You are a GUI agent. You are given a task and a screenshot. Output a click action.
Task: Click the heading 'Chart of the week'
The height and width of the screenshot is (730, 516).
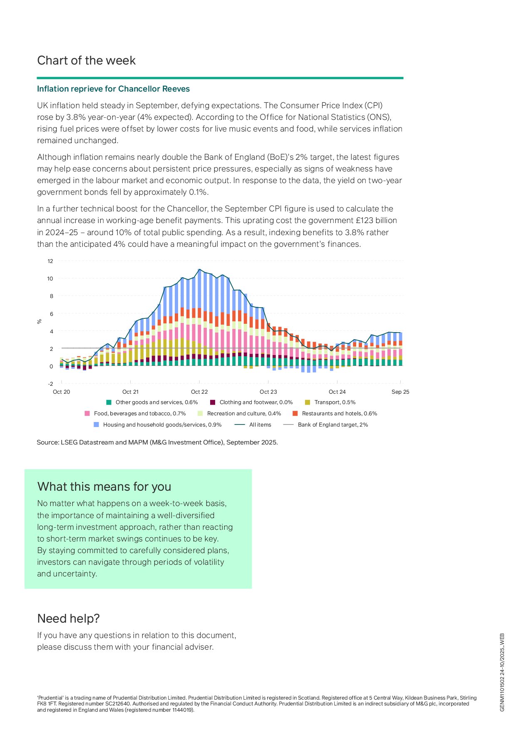[86, 61]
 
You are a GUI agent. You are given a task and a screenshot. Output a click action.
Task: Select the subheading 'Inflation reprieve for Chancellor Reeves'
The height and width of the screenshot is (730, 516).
[113, 89]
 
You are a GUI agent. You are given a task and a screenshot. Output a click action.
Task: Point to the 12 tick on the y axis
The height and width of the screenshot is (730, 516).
[50, 261]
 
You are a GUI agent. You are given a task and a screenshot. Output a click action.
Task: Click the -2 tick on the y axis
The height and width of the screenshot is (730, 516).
[50, 384]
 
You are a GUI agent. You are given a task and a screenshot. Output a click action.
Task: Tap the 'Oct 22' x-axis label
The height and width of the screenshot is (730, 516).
[199, 392]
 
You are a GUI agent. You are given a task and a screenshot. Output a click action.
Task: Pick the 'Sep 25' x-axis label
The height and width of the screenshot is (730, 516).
[400, 392]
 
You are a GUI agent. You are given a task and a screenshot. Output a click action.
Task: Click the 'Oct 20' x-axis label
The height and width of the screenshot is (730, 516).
[62, 392]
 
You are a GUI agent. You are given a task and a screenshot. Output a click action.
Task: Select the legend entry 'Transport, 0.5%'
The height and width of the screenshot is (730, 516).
[335, 402]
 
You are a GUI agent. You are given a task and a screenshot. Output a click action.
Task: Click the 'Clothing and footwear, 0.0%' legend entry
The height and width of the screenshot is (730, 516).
[256, 402]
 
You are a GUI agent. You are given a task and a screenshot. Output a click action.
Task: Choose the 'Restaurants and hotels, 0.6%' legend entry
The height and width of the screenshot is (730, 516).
[339, 414]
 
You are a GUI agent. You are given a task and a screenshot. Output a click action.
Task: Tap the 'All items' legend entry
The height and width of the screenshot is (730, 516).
[260, 425]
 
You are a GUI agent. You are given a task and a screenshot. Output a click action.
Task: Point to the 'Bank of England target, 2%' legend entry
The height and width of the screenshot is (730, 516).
[332, 425]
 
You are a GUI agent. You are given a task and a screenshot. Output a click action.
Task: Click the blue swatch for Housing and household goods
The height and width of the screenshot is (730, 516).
[97, 425]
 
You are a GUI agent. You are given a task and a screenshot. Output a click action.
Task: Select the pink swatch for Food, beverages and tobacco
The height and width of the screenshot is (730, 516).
[87, 414]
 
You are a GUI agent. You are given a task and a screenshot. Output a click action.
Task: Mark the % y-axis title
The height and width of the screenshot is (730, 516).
[40, 321]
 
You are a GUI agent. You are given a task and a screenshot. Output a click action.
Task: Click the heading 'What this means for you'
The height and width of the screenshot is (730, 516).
[104, 487]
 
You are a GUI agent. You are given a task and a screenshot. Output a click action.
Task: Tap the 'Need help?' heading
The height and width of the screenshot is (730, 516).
[68, 618]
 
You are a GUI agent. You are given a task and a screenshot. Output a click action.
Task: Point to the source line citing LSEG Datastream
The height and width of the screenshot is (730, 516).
[157, 442]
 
